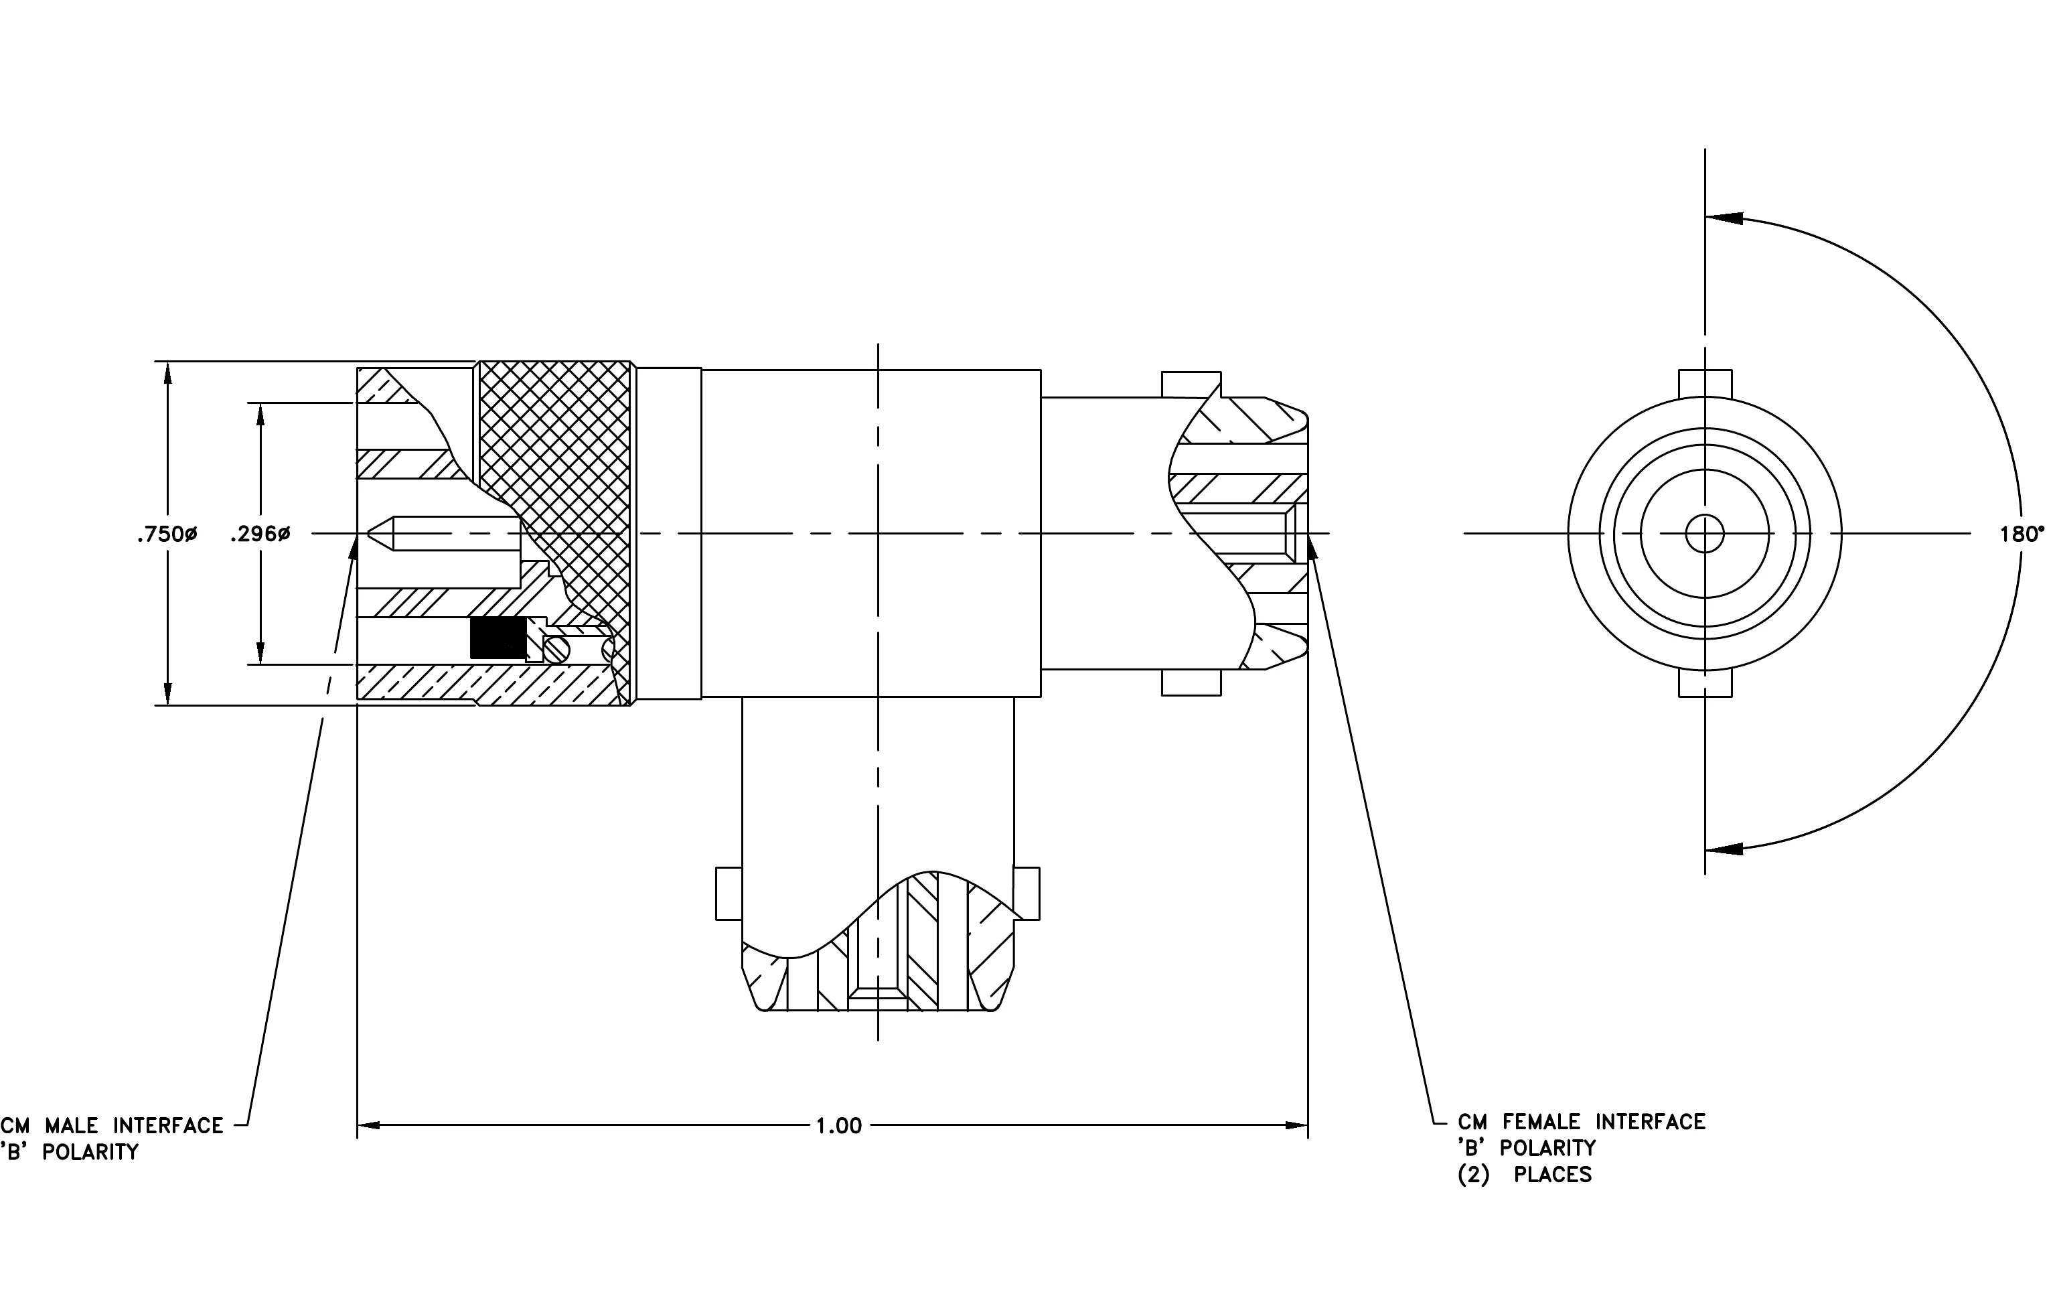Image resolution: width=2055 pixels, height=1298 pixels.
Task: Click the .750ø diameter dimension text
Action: click(x=167, y=535)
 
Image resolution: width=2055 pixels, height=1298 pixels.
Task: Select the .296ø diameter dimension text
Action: click(x=260, y=535)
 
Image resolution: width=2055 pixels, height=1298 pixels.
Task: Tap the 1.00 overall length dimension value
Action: click(x=839, y=1127)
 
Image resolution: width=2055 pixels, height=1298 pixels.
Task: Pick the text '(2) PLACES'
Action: click(x=1524, y=1175)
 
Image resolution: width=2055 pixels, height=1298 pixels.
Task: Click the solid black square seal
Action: click(x=498, y=638)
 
